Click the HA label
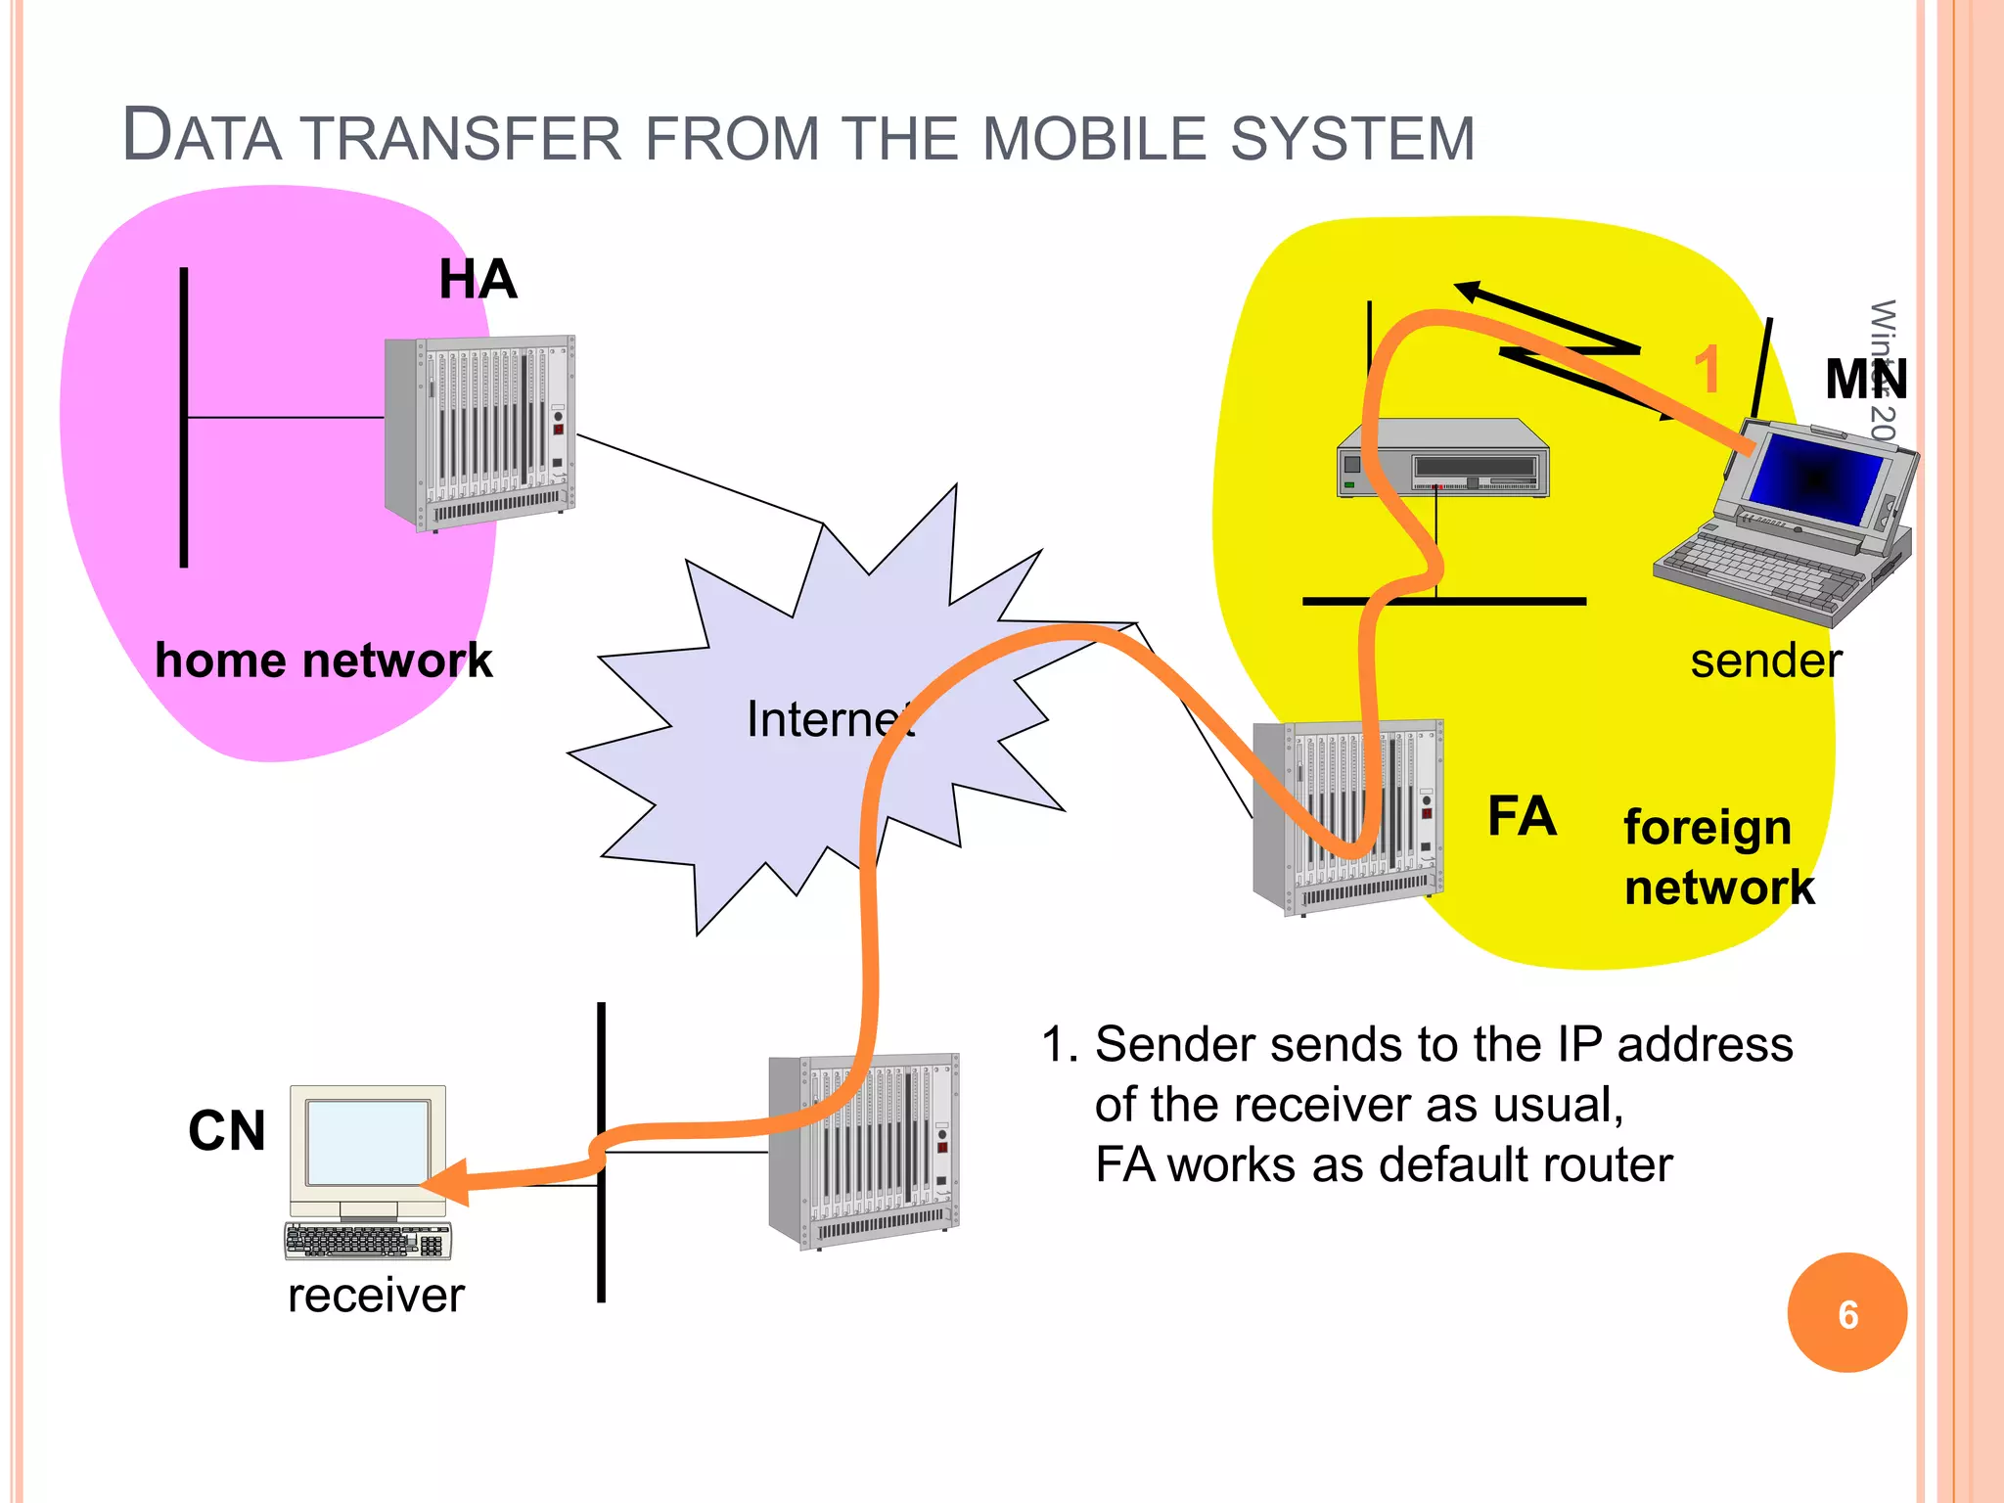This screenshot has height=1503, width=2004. coord(478,280)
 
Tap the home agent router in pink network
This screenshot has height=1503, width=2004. coord(479,433)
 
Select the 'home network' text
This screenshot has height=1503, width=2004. coord(323,660)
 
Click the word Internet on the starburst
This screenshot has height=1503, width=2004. coord(830,720)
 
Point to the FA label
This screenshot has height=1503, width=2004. coord(1521,816)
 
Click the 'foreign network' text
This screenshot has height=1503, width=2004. coord(1717,857)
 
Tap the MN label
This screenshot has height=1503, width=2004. coord(1865,380)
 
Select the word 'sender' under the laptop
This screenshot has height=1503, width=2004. coord(1765,661)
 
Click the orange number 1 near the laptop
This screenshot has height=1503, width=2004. coord(1707,370)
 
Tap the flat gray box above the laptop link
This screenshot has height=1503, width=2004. coord(1442,459)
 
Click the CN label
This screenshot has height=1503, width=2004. coord(227,1131)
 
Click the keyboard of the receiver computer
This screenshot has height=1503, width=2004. coord(368,1241)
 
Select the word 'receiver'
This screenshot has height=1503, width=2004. coord(376,1296)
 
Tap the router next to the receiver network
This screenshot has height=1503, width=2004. coord(864,1151)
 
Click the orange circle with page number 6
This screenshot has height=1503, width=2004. coord(1846,1313)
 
